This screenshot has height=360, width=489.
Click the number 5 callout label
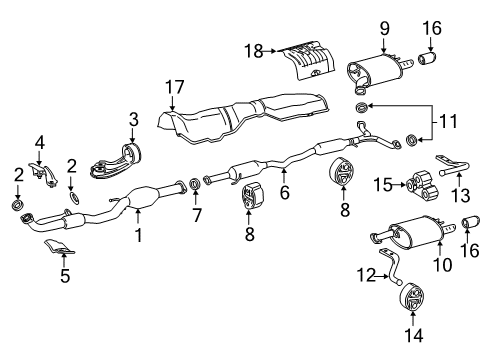click(x=65, y=274)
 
